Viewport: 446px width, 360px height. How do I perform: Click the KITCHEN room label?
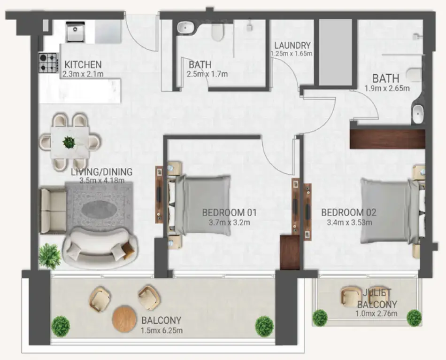pos(83,64)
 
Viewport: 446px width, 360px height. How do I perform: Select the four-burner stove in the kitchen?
pos(47,63)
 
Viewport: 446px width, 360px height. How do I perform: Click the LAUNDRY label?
pos(292,46)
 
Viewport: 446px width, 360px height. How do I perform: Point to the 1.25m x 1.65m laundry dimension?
pos(292,54)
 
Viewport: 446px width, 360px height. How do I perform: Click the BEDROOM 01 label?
pos(230,212)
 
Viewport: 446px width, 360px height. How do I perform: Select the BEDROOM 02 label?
pos(348,212)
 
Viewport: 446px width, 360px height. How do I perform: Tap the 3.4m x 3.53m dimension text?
pos(349,222)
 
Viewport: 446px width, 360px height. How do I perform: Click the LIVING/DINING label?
pos(101,172)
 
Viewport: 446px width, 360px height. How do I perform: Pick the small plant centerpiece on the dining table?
pos(69,141)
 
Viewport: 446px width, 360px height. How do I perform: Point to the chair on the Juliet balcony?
pos(349,296)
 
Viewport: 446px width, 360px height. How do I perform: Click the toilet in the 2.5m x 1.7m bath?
pos(217,31)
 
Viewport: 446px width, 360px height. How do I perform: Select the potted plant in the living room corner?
pos(50,256)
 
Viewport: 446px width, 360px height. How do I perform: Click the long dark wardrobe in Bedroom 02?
pos(387,139)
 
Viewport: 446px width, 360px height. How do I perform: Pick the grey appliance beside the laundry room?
pos(335,52)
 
